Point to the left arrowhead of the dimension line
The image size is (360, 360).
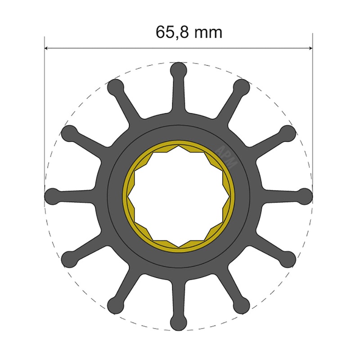[47, 48]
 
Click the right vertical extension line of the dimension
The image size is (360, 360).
[312, 112]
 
